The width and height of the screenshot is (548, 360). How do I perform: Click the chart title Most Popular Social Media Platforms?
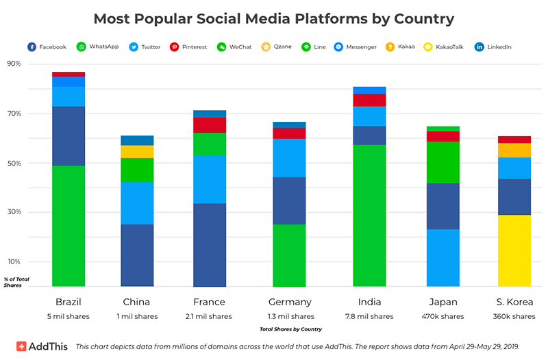274,18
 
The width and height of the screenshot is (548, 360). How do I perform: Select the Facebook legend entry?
47,47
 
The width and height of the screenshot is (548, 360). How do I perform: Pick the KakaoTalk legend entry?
445,47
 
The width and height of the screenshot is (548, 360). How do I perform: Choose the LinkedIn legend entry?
493,47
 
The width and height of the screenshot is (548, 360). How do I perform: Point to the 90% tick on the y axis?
14,64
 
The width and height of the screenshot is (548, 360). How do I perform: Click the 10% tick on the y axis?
14,261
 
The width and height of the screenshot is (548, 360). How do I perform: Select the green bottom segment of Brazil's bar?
68,226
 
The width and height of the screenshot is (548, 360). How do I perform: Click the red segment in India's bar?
369,100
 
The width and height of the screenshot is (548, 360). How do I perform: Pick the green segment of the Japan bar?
443,162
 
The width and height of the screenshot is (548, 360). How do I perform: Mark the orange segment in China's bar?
137,151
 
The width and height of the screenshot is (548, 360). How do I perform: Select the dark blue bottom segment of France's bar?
210,245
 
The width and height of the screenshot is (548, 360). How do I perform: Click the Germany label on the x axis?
290,302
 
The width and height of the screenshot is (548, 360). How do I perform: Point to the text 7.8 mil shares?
369,316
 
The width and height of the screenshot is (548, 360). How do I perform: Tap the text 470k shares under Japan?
443,316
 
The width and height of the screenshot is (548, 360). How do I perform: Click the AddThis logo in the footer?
42,346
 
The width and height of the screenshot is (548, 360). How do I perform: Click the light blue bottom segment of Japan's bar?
443,257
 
